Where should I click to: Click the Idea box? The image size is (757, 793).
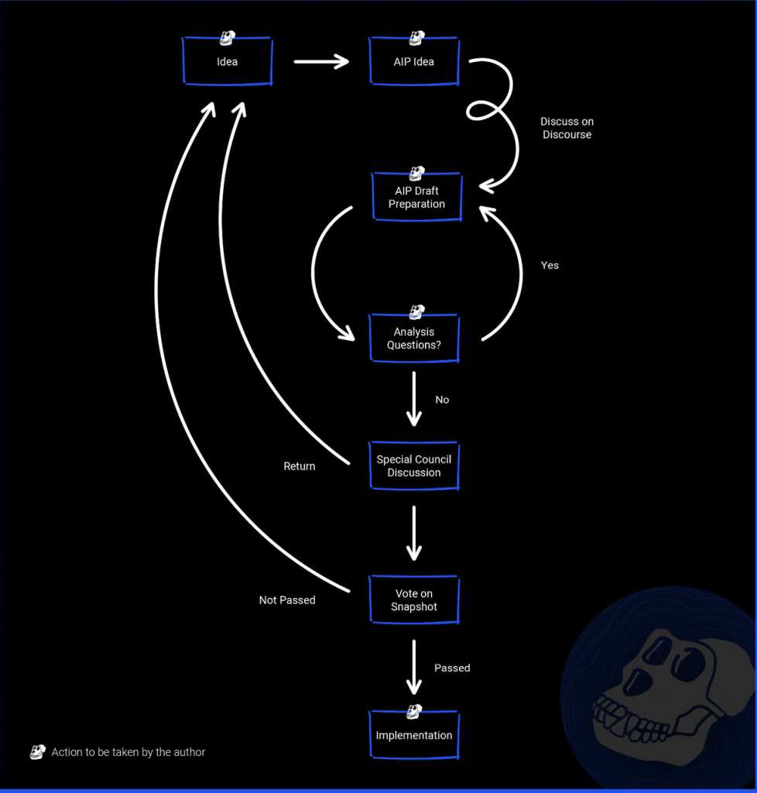[228, 61]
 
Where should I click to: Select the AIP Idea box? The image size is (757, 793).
[414, 61]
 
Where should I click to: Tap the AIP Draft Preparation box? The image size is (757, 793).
[416, 197]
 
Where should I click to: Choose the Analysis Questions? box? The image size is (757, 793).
[414, 338]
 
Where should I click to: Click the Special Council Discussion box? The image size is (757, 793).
[414, 466]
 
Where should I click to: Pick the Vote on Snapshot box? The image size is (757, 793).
[414, 600]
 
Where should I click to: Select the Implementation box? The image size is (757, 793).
[414, 735]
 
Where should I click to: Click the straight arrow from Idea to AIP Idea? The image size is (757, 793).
[321, 61]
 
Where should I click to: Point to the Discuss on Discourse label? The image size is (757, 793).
[567, 128]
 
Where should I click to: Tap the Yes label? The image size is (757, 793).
[550, 265]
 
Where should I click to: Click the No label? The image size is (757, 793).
[442, 400]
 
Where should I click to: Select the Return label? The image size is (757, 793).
[300, 466]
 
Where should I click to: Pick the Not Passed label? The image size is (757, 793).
[287, 600]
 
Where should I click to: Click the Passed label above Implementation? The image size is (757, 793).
[452, 668]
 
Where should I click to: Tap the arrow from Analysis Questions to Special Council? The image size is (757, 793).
[414, 399]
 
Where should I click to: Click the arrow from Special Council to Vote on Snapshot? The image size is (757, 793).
[414, 533]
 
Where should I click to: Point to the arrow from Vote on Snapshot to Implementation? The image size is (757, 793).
[414, 667]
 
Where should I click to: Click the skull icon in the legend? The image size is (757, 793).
[37, 751]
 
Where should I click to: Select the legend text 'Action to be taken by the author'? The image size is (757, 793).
[128, 752]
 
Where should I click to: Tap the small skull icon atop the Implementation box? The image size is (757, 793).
[414, 710]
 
